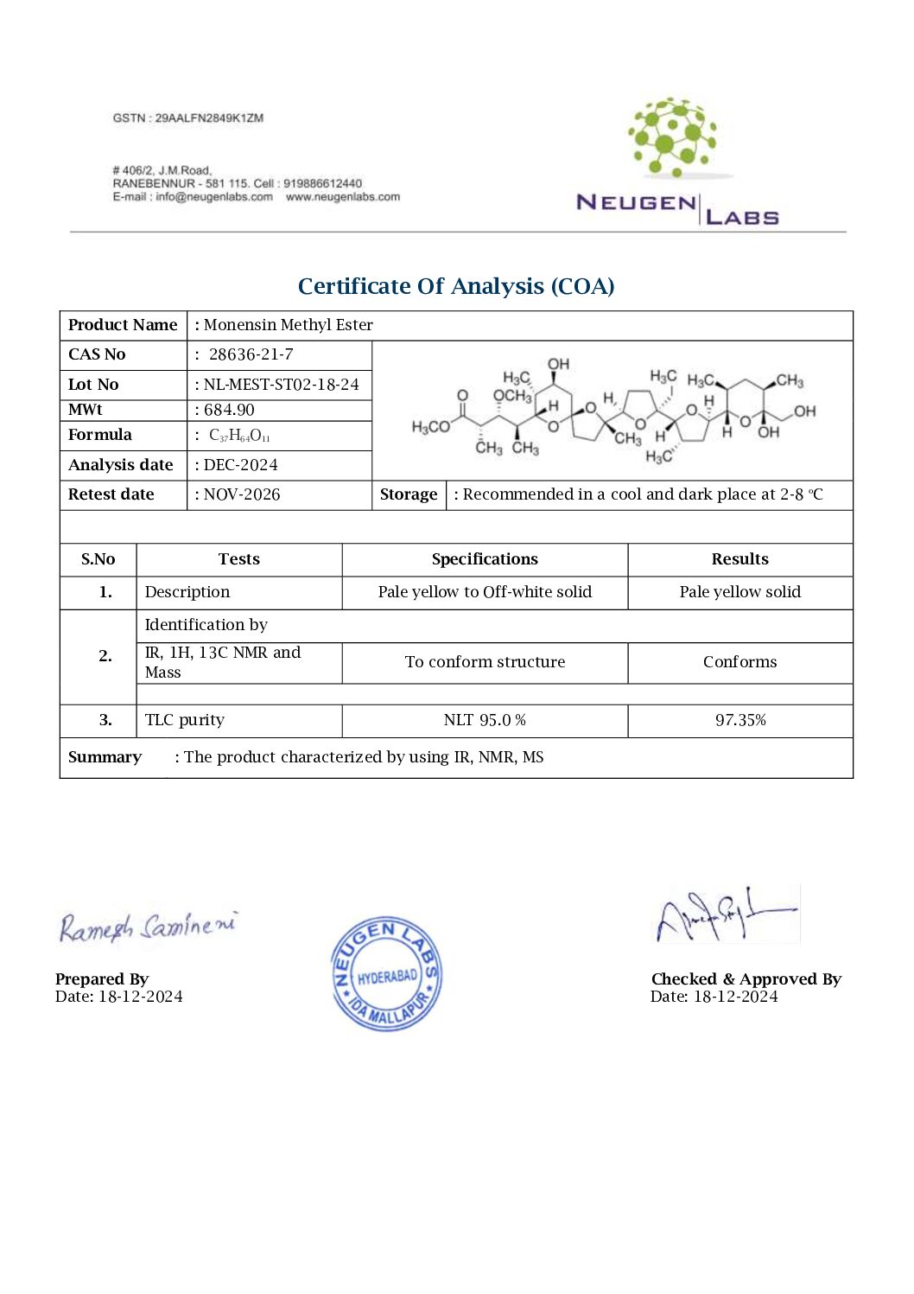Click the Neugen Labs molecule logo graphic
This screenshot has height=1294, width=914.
tap(673, 137)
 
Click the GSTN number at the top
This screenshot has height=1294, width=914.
tap(187, 118)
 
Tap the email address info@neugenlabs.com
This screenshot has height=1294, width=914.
tap(214, 197)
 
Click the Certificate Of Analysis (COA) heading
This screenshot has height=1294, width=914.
tap(456, 286)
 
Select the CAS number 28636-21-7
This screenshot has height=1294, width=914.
tap(251, 354)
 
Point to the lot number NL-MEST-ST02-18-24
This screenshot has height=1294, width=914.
tap(281, 385)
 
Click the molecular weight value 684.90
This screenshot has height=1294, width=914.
tap(229, 410)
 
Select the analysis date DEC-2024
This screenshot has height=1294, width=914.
tap(240, 465)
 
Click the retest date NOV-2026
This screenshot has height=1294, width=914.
tap(241, 494)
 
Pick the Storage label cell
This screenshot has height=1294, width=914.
tap(409, 494)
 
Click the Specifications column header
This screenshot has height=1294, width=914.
tap(485, 559)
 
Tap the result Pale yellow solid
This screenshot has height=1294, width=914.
tap(739, 592)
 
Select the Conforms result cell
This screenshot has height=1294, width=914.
tap(739, 662)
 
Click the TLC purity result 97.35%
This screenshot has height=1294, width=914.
tap(739, 720)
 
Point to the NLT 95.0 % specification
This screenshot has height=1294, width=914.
tap(485, 720)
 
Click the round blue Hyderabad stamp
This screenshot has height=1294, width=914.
tap(386, 974)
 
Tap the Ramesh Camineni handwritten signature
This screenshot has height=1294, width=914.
tap(147, 927)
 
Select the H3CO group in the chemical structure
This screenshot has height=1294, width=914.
tap(430, 427)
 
